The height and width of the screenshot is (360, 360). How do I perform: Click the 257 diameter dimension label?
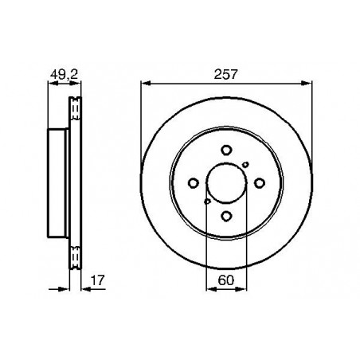coord(225,74)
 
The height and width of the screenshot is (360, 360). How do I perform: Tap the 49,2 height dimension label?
coord(64,75)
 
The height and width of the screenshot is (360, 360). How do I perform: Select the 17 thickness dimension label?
coord(98,280)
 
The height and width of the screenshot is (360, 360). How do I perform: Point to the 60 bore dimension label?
coord(226,280)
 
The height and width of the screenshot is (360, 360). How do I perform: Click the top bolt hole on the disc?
coord(226,150)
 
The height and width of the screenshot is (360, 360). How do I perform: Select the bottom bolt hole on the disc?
coord(226,216)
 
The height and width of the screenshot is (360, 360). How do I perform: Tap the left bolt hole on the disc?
coord(194,183)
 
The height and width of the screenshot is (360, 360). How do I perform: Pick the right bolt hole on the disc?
coord(260,183)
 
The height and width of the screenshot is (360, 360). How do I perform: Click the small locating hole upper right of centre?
coord(245,165)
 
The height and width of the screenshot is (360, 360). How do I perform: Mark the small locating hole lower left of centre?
coord(207,202)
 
